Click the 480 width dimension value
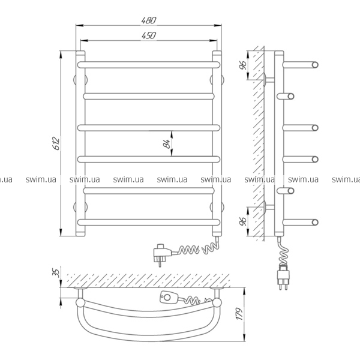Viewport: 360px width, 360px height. point(149,20)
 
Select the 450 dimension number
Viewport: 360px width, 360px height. point(149,35)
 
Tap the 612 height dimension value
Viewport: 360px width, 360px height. point(56,143)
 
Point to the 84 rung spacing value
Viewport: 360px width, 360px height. point(167,144)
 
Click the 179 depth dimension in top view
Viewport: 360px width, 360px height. point(239,314)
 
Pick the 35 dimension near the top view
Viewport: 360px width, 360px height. point(56,272)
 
